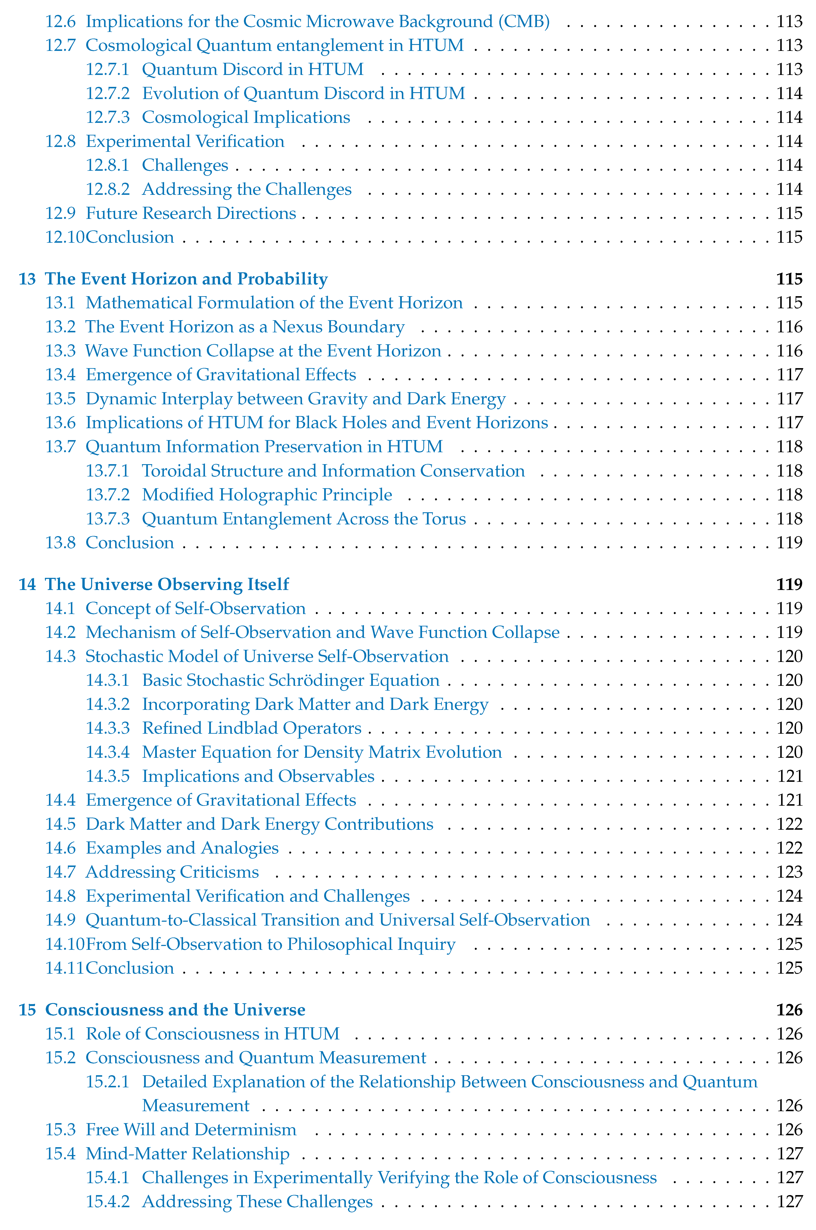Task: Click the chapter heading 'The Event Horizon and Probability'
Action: point(186,279)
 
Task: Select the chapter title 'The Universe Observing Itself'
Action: point(167,584)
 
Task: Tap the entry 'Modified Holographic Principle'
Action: point(267,495)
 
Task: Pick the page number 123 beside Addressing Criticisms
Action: point(789,872)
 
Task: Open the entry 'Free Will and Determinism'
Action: point(191,1130)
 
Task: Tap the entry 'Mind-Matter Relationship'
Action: point(187,1154)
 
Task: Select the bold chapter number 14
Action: point(27,584)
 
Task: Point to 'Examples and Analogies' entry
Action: point(182,848)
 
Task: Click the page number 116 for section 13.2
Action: point(789,327)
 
